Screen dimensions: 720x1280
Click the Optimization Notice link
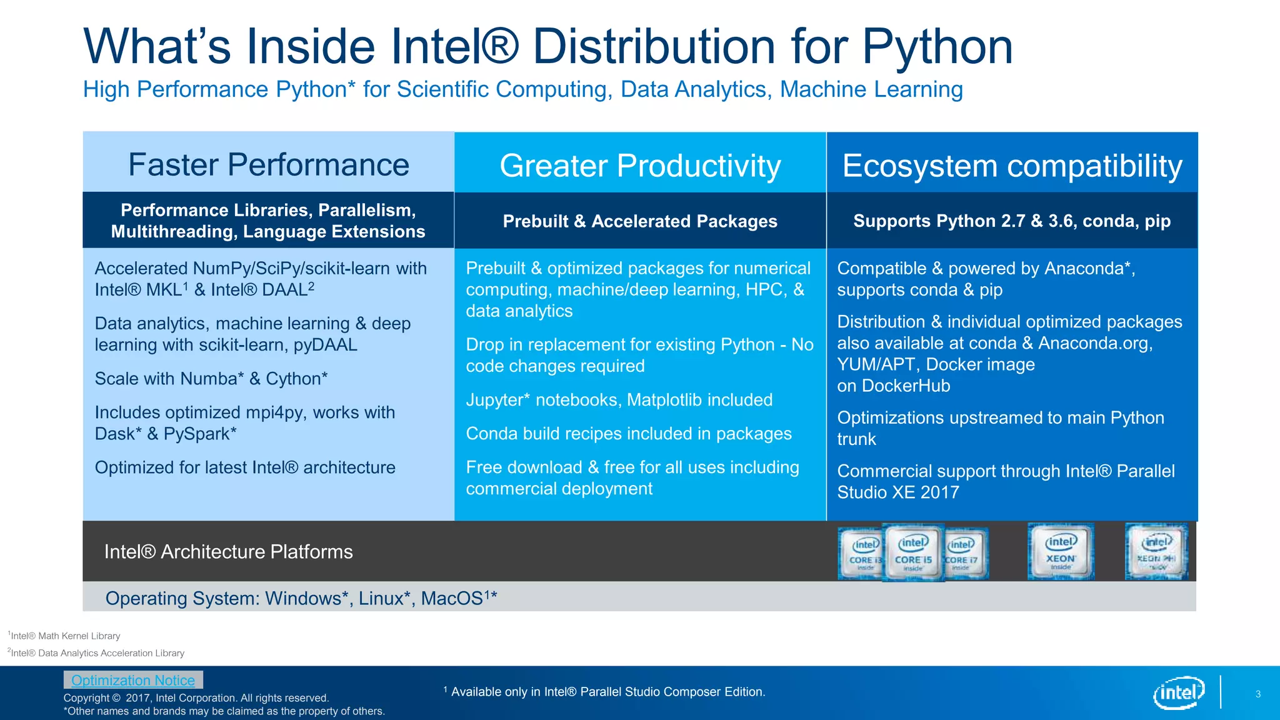[x=133, y=680]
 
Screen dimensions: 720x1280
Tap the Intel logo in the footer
[x=1178, y=692]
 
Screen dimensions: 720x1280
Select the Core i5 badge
[x=913, y=552]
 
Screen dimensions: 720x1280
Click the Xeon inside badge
[x=1061, y=552]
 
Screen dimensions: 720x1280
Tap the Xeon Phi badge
[x=1156, y=552]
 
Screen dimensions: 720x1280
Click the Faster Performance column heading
[x=268, y=164]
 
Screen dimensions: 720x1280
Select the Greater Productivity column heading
[x=640, y=166]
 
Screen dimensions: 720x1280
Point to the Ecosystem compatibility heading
[x=1012, y=166]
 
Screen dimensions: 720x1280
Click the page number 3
[x=1257, y=694]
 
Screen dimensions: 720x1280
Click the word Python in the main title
[x=937, y=46]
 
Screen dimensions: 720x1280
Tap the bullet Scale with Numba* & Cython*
[x=211, y=379]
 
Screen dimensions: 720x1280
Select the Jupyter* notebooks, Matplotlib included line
[x=619, y=400]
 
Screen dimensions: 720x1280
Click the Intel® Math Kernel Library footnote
[x=65, y=636]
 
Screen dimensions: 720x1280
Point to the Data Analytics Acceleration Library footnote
[x=97, y=653]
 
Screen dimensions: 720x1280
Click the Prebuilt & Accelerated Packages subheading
[x=640, y=221]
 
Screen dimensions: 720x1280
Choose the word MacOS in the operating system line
[x=451, y=599]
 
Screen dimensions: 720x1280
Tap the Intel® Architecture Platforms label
[x=228, y=552]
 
